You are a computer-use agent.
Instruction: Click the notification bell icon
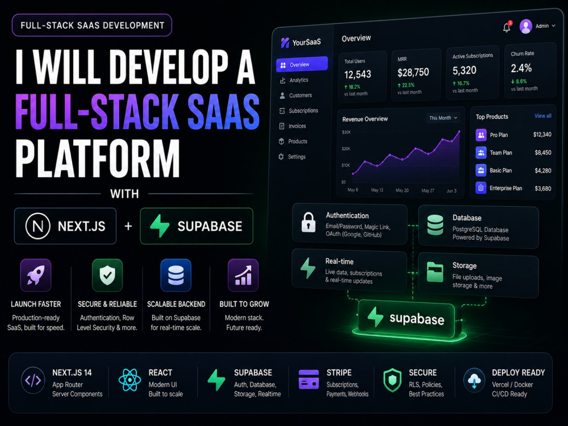click(507, 27)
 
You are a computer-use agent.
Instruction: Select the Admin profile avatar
click(525, 26)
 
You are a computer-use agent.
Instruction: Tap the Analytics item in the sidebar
click(299, 80)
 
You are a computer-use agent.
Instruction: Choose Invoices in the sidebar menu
click(297, 126)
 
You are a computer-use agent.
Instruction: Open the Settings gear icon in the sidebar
click(281, 157)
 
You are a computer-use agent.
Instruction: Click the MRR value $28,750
click(413, 73)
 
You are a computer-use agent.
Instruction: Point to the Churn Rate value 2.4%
click(521, 68)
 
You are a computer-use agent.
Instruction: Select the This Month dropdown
click(443, 118)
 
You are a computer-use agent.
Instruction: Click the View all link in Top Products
click(542, 116)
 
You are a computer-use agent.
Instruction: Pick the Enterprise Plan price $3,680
click(543, 189)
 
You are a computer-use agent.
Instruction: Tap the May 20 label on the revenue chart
click(402, 190)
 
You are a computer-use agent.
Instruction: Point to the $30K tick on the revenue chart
click(346, 132)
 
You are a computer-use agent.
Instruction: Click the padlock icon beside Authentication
click(308, 222)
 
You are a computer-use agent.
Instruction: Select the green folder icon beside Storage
click(435, 272)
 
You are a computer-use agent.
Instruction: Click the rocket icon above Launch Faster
click(35, 275)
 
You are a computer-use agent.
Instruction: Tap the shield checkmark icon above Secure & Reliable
click(107, 275)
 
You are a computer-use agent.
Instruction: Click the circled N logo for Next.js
click(37, 226)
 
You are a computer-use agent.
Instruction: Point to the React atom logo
click(130, 380)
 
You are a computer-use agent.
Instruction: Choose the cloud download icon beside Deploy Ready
click(474, 380)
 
